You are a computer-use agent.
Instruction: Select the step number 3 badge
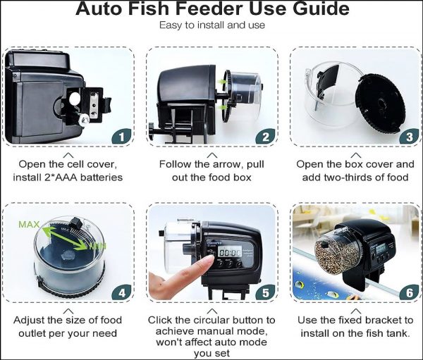pyautogui.click(x=407, y=136)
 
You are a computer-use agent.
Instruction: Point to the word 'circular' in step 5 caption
pyautogui.click(x=215, y=320)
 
